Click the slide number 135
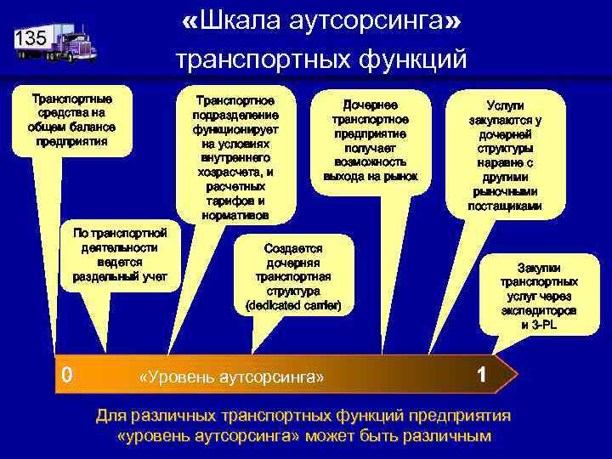click(31, 38)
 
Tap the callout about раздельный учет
click(120, 254)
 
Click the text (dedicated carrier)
click(292, 304)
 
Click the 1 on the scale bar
click(482, 375)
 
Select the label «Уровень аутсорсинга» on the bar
click(231, 376)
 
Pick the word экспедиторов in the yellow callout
click(539, 310)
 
